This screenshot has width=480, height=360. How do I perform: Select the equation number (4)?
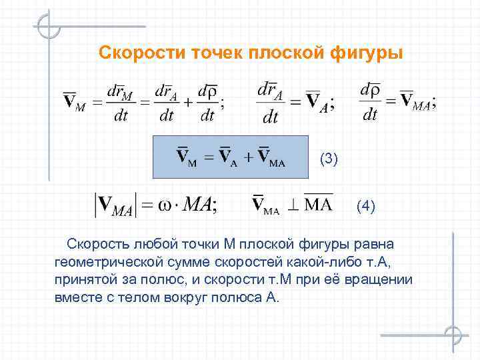(x=366, y=207)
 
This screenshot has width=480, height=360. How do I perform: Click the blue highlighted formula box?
(x=231, y=157)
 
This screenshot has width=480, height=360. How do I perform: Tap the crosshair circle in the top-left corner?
(x=49, y=26)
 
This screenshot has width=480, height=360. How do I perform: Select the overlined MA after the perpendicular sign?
(x=318, y=203)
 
